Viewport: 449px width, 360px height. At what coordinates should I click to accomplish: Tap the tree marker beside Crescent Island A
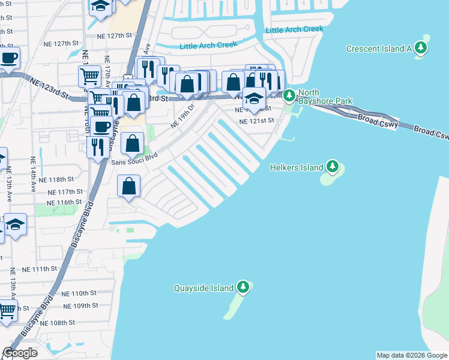421,48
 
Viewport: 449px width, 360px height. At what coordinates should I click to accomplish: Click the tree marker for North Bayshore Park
289,95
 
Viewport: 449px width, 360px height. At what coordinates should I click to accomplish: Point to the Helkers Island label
295,167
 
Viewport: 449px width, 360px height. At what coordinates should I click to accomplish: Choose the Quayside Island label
203,288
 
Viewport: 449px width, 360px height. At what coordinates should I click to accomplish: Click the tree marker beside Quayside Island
243,287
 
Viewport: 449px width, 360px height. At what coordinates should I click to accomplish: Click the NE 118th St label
56,179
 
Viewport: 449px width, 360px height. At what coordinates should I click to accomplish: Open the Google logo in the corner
20,353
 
